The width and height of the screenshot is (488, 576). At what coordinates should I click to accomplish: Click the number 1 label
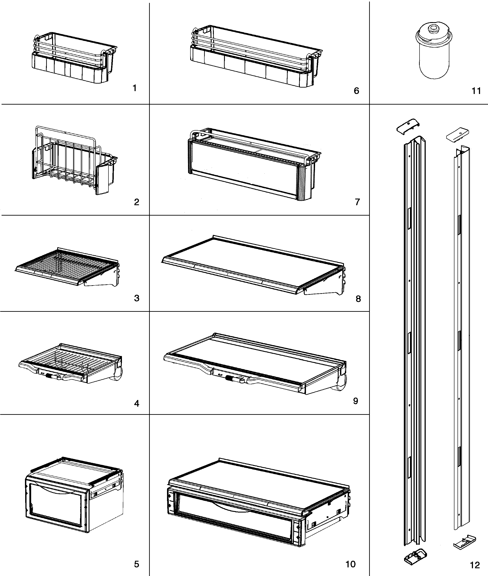135,88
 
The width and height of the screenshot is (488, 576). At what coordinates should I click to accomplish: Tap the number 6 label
357,91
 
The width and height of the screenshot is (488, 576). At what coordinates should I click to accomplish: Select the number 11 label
476,91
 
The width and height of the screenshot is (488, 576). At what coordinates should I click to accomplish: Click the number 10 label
351,564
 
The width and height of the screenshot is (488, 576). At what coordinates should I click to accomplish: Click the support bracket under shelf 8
323,292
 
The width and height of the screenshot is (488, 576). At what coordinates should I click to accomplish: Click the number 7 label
357,202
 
